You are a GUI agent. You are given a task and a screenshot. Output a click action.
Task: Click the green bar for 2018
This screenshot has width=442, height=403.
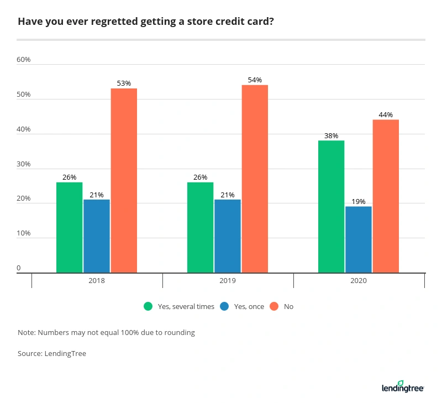click(x=69, y=227)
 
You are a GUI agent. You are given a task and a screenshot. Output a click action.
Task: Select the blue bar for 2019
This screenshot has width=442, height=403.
click(x=228, y=236)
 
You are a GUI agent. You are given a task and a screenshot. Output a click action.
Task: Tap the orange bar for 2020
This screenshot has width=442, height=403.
click(x=386, y=196)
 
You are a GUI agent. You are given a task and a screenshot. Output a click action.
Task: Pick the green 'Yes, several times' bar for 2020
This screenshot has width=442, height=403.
click(x=331, y=207)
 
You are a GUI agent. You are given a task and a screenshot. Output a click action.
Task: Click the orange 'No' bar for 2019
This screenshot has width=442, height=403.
click(x=255, y=179)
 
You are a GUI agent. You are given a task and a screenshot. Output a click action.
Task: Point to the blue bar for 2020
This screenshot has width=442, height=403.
click(x=359, y=239)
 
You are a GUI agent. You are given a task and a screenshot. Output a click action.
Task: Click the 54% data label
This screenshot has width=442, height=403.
click(x=255, y=80)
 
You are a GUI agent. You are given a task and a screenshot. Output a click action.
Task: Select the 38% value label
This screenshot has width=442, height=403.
click(x=331, y=136)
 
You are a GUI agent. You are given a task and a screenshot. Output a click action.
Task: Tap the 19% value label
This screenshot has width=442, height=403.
click(x=359, y=202)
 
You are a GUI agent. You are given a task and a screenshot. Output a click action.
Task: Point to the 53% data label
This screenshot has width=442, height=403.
click(x=124, y=83)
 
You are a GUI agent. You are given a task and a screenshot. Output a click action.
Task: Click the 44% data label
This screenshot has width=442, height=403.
click(x=386, y=115)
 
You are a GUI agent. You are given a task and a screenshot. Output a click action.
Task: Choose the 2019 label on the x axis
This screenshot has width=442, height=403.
click(x=228, y=281)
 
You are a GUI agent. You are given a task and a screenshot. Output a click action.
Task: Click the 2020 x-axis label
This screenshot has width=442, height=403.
click(x=359, y=281)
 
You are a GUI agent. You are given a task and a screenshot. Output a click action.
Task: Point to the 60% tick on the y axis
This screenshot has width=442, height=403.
click(x=23, y=60)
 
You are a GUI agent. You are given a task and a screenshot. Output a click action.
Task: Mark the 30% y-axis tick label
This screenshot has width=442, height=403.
click(x=23, y=164)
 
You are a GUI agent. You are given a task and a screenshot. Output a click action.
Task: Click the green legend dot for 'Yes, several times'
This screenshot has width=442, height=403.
click(x=148, y=306)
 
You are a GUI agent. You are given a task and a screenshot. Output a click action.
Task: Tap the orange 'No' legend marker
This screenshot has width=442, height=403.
click(x=273, y=306)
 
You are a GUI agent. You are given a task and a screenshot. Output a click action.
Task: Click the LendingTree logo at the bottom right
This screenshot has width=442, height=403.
click(x=402, y=387)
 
